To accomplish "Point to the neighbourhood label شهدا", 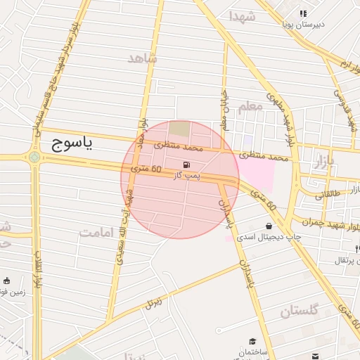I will coord(241,15).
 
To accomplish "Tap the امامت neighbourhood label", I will coord(98,231).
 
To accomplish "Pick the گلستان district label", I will coord(300,310).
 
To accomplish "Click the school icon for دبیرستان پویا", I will coord(303,13).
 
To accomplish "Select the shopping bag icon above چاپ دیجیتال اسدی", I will coord(269,226).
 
